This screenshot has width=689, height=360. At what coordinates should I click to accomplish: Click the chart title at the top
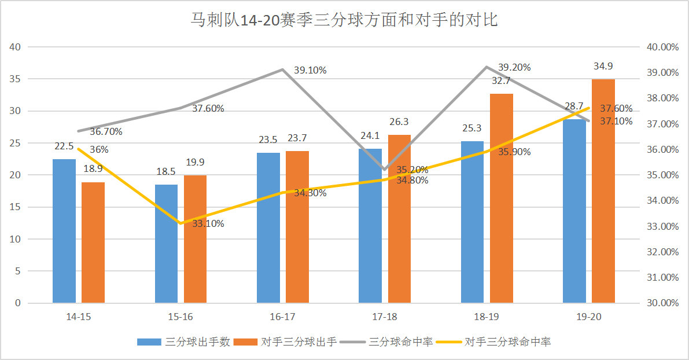click(x=344, y=21)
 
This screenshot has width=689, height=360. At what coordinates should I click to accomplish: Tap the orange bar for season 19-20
click(x=603, y=191)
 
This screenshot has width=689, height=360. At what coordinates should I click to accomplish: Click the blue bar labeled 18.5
click(x=167, y=243)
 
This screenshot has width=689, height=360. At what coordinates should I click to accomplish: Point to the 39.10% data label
click(x=310, y=71)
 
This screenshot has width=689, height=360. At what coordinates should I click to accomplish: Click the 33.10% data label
click(x=208, y=224)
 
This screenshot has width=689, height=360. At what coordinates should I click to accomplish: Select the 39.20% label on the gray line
click(x=514, y=67)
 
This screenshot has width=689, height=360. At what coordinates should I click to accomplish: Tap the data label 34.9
click(x=603, y=66)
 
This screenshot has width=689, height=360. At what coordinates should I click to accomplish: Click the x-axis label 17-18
click(x=385, y=317)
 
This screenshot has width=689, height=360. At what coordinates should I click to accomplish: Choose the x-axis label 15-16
click(x=180, y=317)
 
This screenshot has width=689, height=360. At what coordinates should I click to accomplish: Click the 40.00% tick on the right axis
click(x=662, y=47)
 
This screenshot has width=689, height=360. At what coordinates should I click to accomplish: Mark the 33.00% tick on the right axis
click(x=662, y=226)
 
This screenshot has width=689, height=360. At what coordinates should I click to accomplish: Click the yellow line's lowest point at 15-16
click(x=180, y=223)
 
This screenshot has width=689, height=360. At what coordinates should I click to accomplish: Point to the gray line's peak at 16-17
click(x=282, y=69)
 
